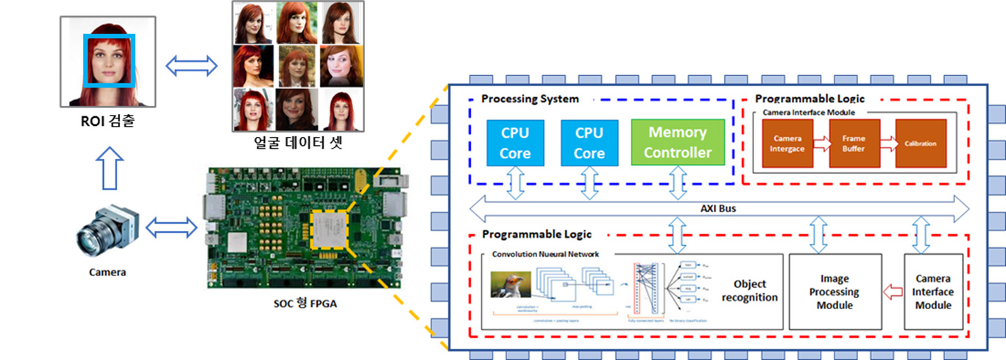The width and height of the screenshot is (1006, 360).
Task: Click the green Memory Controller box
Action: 678,142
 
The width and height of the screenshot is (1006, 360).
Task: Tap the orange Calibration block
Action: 921,143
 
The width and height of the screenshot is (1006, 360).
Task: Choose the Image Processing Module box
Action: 835,292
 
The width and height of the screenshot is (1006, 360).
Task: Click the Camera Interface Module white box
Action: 933,292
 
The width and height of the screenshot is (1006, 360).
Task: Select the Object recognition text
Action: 749,291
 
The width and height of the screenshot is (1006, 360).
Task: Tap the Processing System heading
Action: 530,99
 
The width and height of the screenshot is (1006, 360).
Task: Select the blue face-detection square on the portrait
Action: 110,61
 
